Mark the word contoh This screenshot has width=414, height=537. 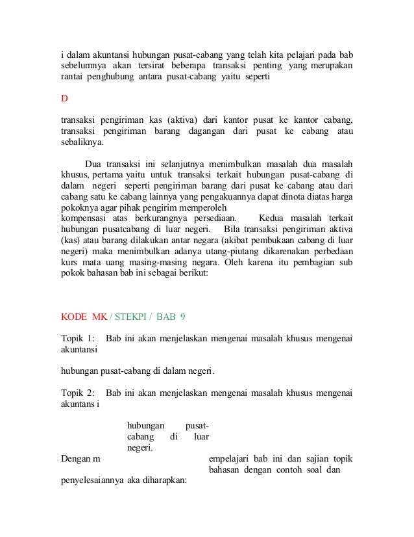[290, 469]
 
